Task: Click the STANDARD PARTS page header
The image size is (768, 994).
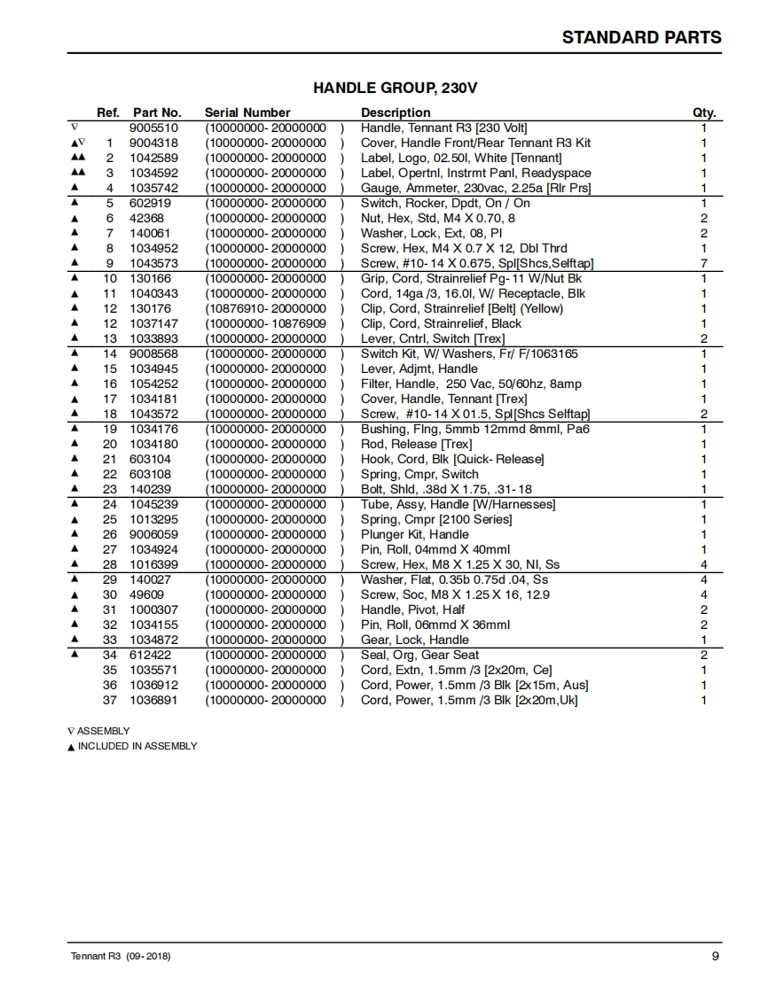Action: click(x=641, y=37)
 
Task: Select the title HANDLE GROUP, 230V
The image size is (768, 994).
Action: click(x=396, y=88)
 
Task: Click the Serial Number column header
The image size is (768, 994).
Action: click(x=247, y=113)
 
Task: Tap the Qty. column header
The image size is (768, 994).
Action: click(x=703, y=113)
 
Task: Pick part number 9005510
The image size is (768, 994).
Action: click(x=153, y=128)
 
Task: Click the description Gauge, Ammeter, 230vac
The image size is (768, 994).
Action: click(x=475, y=188)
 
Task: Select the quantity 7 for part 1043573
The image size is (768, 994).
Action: click(x=703, y=263)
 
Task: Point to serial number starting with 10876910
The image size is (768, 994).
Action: click(x=265, y=308)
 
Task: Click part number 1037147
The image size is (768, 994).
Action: click(x=153, y=323)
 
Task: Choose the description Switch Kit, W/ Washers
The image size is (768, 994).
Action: click(x=469, y=353)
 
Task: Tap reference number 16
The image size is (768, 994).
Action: click(x=110, y=384)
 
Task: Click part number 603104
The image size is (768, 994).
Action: click(x=150, y=459)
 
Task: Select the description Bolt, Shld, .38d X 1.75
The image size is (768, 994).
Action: click(x=446, y=489)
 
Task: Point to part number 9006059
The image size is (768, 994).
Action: click(x=153, y=534)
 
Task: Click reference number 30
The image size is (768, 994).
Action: click(x=110, y=594)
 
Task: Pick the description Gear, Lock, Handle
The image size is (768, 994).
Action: click(x=414, y=640)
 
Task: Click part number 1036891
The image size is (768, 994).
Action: click(x=153, y=700)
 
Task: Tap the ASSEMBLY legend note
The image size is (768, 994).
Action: click(x=103, y=731)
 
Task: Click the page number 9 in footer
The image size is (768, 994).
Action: click(x=715, y=956)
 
